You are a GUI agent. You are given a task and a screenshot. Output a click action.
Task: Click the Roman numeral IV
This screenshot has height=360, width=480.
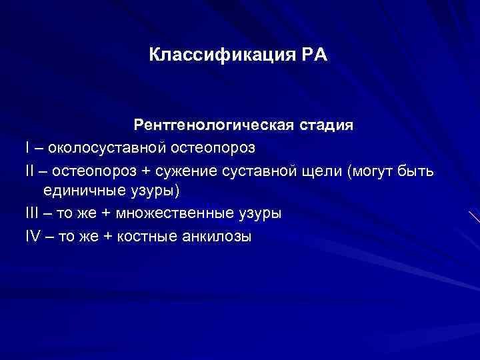tap(33, 237)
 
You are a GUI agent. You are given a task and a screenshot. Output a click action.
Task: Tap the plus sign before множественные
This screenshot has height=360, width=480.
tap(106, 214)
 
